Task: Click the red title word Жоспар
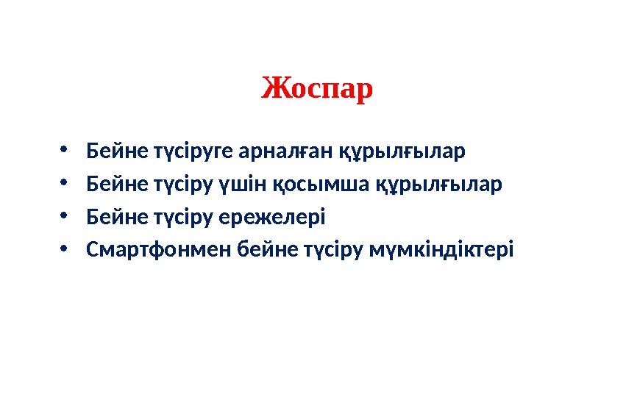(317, 90)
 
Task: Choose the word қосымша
(321, 185)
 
